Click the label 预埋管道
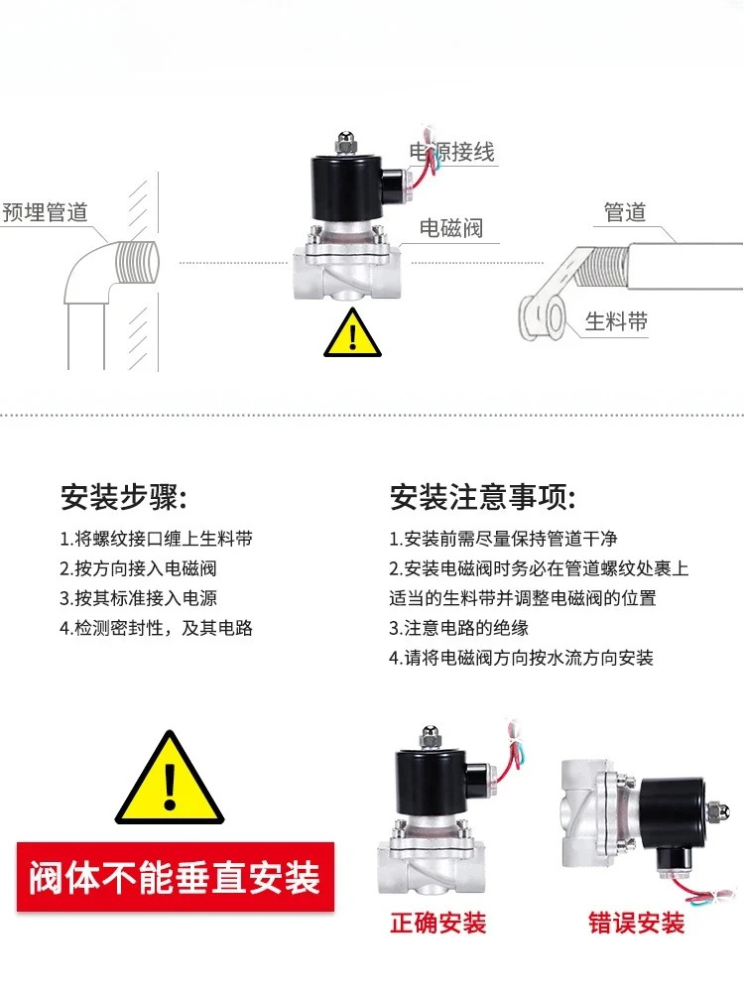pyautogui.click(x=45, y=212)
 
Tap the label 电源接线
pyautogui.click(x=451, y=152)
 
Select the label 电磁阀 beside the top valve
pyautogui.click(x=451, y=228)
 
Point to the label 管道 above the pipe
pyautogui.click(x=624, y=212)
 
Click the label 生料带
pyautogui.click(x=616, y=320)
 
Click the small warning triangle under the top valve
pyautogui.click(x=352, y=333)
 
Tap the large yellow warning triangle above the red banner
pyautogui.click(x=170, y=778)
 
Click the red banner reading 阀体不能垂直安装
pyautogui.click(x=176, y=877)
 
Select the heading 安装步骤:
pyautogui.click(x=124, y=497)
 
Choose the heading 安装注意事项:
pyautogui.click(x=483, y=497)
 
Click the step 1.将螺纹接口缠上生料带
pyautogui.click(x=157, y=539)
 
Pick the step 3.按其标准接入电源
pyautogui.click(x=139, y=598)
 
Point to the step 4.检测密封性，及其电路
pyautogui.click(x=157, y=628)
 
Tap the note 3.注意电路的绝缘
pyautogui.click(x=458, y=628)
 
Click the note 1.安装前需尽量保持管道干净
pyautogui.click(x=503, y=539)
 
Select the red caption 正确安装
pyautogui.click(x=437, y=923)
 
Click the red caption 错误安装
pyautogui.click(x=637, y=923)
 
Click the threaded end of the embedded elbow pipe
pyautogui.click(x=137, y=262)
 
